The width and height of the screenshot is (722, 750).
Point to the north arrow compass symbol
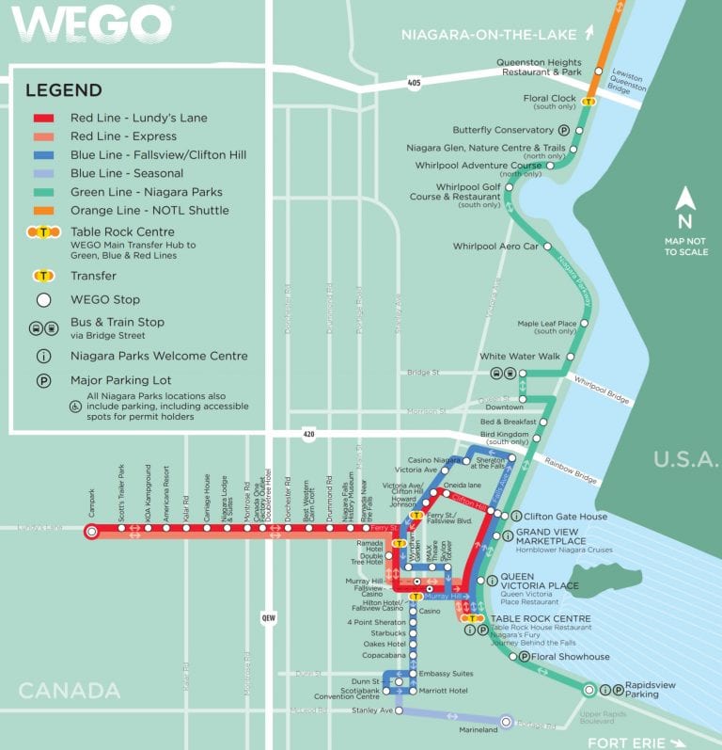coord(686,199)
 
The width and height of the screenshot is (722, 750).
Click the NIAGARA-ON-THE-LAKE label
coord(489,36)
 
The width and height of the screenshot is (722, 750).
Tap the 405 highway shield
coord(415,83)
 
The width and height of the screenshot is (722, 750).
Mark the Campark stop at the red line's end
coord(91,532)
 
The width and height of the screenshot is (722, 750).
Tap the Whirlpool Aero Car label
coord(495,247)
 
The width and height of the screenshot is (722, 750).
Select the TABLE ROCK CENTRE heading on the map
coord(541,618)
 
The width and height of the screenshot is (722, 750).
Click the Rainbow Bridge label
coord(571,470)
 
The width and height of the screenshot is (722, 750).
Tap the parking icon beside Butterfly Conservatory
coord(564,131)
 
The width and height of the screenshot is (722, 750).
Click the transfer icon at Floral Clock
coord(589,102)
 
